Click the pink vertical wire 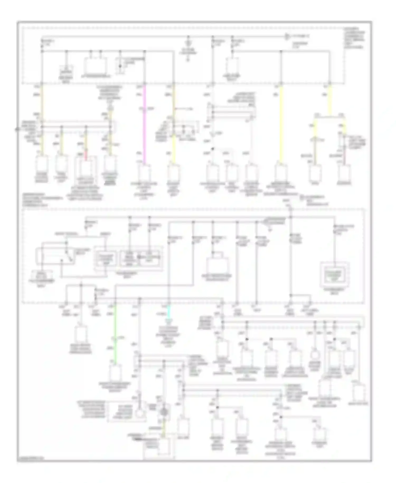[x=144, y=124]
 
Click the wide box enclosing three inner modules [x=128, y=258]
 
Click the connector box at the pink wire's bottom [x=144, y=173]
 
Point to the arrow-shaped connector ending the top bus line [x=287, y=36]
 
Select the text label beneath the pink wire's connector [x=144, y=189]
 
